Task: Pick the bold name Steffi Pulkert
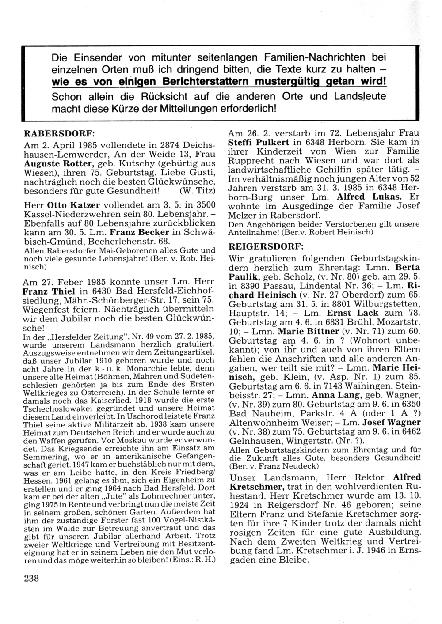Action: pos(259,143)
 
